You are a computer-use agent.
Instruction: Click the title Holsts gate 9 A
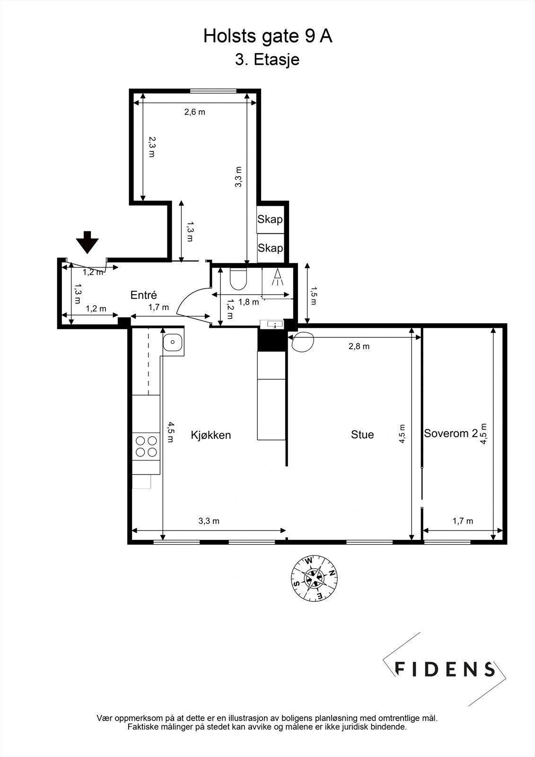click(268, 36)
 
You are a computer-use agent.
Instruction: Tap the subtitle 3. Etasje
click(267, 60)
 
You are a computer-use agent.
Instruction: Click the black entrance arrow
click(88, 242)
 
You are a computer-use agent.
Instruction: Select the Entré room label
click(143, 295)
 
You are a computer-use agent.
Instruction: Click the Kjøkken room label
click(211, 435)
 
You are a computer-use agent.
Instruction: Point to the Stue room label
click(362, 434)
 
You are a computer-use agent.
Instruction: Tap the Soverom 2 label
click(450, 433)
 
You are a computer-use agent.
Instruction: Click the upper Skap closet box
click(270, 220)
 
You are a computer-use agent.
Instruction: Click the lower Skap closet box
click(270, 248)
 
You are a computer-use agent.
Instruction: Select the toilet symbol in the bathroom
click(238, 279)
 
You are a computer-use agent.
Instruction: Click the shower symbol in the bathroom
click(277, 277)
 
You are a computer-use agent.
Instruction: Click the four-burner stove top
click(146, 446)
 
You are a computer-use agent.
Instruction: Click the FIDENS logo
click(444, 669)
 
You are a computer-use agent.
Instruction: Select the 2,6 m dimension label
click(194, 112)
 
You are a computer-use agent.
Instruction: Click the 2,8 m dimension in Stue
click(359, 346)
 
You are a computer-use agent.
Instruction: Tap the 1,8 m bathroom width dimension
click(248, 302)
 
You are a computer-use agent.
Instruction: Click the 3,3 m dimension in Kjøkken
click(209, 521)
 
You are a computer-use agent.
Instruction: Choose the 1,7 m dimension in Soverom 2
click(463, 521)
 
